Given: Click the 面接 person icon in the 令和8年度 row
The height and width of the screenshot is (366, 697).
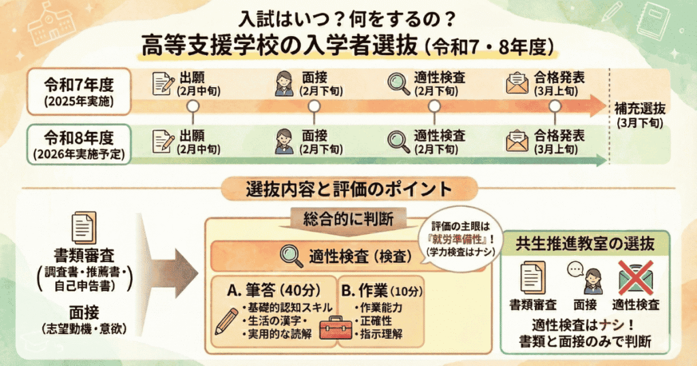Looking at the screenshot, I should coord(282,140).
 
